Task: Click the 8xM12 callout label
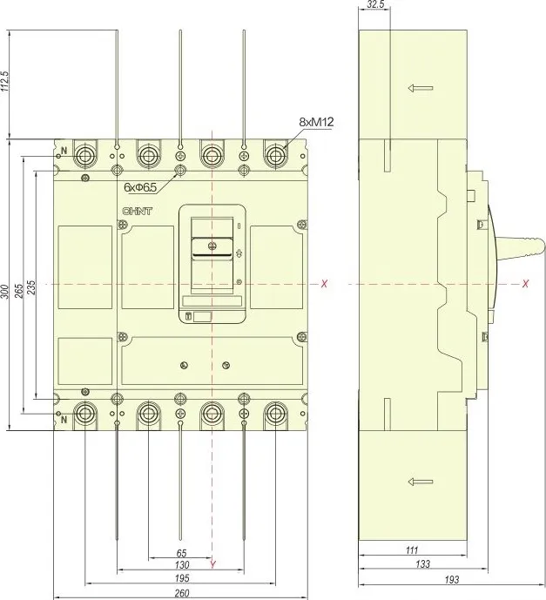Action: tap(316, 122)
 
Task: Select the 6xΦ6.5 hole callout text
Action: tap(140, 187)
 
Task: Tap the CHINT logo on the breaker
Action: tap(137, 212)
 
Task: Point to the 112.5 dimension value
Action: tap(5, 81)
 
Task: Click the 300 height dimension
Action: tap(4, 292)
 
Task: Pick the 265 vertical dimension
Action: tap(19, 290)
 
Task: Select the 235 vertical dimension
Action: tap(31, 287)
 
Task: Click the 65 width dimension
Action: tap(181, 553)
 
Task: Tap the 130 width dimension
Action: tap(182, 565)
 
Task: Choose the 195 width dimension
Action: tap(182, 578)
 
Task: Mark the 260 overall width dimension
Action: tap(182, 594)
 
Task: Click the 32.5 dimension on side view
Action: tap(375, 4)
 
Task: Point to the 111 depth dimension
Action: tap(412, 550)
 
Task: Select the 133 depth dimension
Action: tap(422, 563)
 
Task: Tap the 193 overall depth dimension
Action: tap(451, 579)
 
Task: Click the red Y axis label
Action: tap(213, 564)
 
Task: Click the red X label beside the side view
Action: tap(526, 284)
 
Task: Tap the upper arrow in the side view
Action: tap(421, 89)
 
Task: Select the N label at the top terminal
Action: tap(64, 151)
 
